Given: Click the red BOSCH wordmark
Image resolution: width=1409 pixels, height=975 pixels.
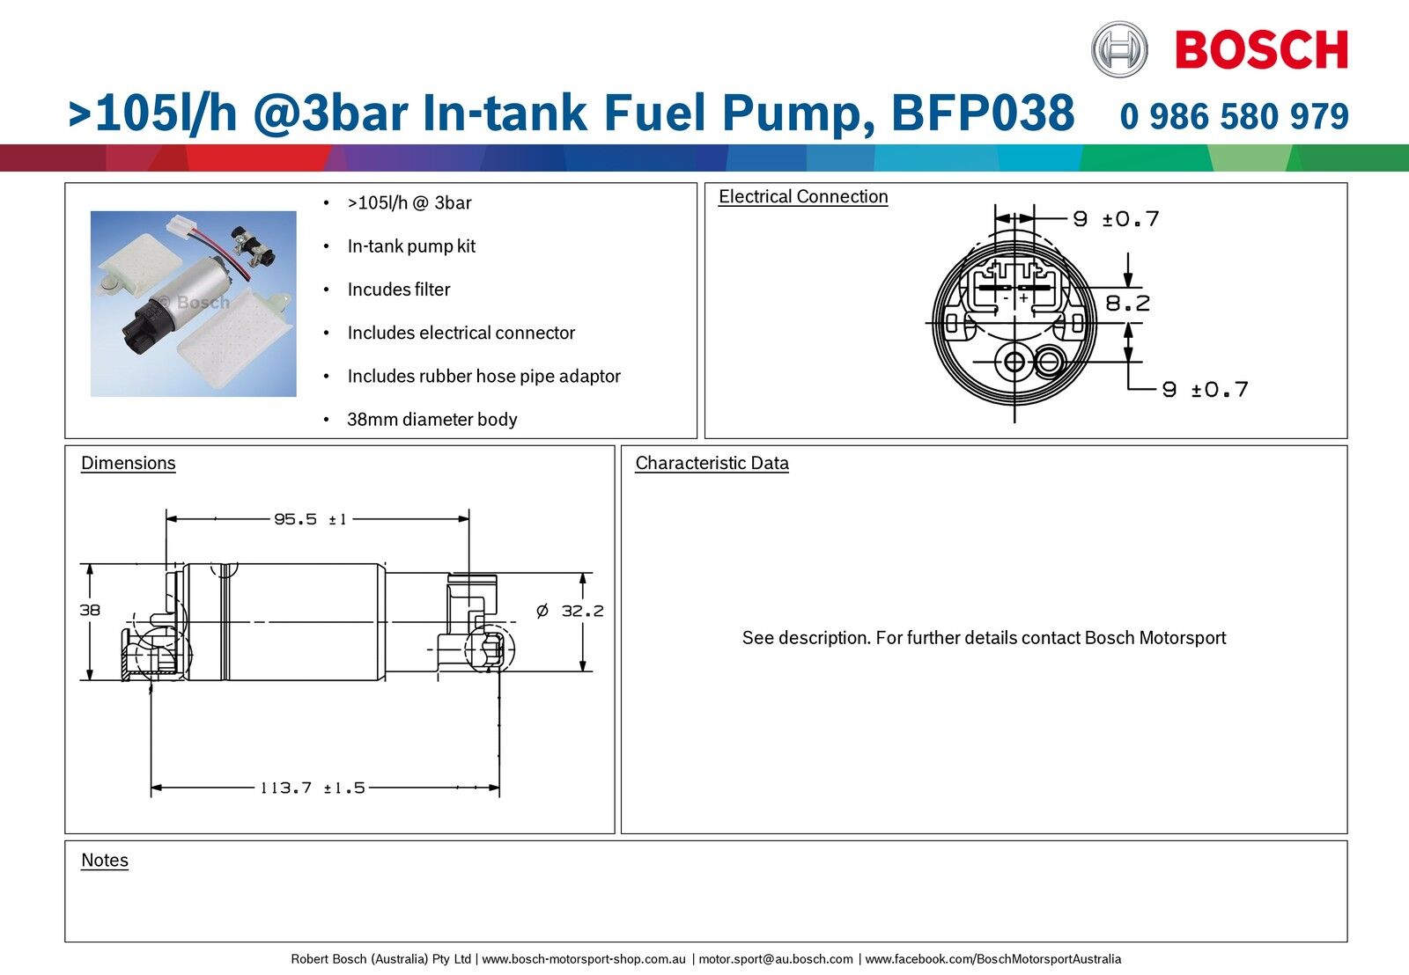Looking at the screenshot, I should pyautogui.click(x=1261, y=50).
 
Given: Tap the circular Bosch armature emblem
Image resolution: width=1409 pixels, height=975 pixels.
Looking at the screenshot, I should pyautogui.click(x=1119, y=49).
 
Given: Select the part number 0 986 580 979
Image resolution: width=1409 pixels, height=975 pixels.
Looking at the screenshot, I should pyautogui.click(x=1234, y=116).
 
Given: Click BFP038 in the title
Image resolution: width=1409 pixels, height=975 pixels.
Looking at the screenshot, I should pyautogui.click(x=982, y=114).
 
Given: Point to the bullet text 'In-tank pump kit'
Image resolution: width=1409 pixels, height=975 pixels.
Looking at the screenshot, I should pyautogui.click(x=411, y=246).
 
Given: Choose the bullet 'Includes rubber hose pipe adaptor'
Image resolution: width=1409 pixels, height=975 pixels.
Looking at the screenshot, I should pyautogui.click(x=483, y=377).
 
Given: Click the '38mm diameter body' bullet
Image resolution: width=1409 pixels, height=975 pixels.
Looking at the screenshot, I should pyautogui.click(x=432, y=420).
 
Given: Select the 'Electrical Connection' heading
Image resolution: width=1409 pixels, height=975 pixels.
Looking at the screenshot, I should pyautogui.click(x=803, y=197).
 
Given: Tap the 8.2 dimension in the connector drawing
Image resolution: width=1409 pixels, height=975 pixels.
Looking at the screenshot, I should pyautogui.click(x=1127, y=304).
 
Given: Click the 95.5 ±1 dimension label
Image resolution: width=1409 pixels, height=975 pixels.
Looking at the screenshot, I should pyautogui.click(x=310, y=519).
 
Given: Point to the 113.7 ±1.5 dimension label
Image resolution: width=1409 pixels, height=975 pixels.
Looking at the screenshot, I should pyautogui.click(x=312, y=788).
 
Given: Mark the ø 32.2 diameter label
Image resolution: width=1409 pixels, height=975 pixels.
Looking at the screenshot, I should pyautogui.click(x=571, y=611).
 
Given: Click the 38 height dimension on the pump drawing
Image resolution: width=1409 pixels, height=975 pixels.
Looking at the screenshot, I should pyautogui.click(x=90, y=610).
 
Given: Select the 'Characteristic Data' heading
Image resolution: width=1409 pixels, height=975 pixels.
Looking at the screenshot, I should pyautogui.click(x=712, y=464).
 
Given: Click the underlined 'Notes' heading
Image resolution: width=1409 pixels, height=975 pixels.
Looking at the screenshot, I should pyautogui.click(x=104, y=861).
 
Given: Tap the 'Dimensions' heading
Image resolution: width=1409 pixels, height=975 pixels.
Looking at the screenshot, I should pyautogui.click(x=128, y=464).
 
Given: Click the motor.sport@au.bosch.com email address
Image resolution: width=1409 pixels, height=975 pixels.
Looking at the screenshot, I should pyautogui.click(x=775, y=959).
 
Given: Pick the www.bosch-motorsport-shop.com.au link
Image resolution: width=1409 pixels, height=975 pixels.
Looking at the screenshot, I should pyautogui.click(x=583, y=959).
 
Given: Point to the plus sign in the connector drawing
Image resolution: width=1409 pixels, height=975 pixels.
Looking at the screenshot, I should pyautogui.click(x=1023, y=299).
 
